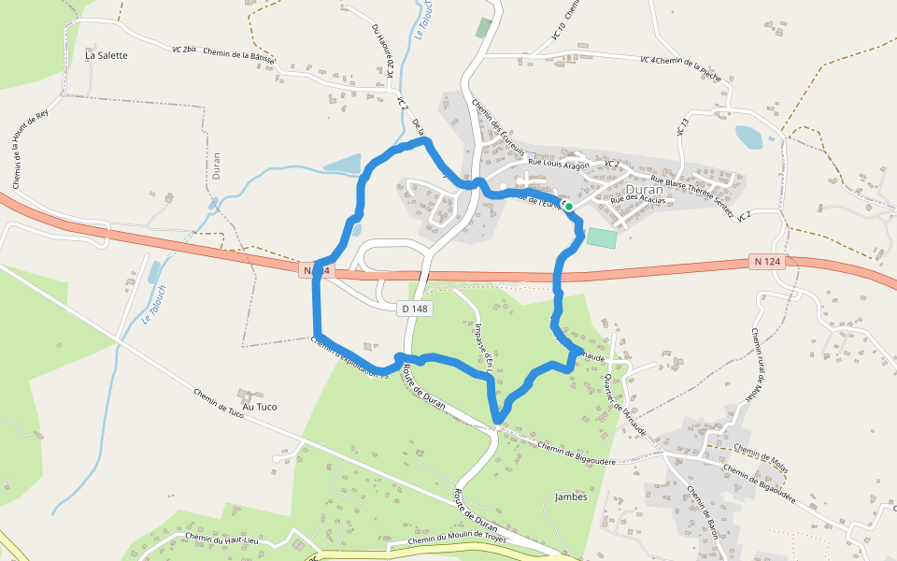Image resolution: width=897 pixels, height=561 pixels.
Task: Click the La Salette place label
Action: (106, 55)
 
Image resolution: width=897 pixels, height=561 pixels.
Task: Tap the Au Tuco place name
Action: (261, 407)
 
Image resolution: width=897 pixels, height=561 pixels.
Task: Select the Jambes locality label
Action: (571, 496)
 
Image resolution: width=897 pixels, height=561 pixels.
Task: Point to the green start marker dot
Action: (568, 206)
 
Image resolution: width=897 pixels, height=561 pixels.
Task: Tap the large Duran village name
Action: (644, 189)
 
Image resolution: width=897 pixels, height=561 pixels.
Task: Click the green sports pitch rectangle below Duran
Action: (602, 237)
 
